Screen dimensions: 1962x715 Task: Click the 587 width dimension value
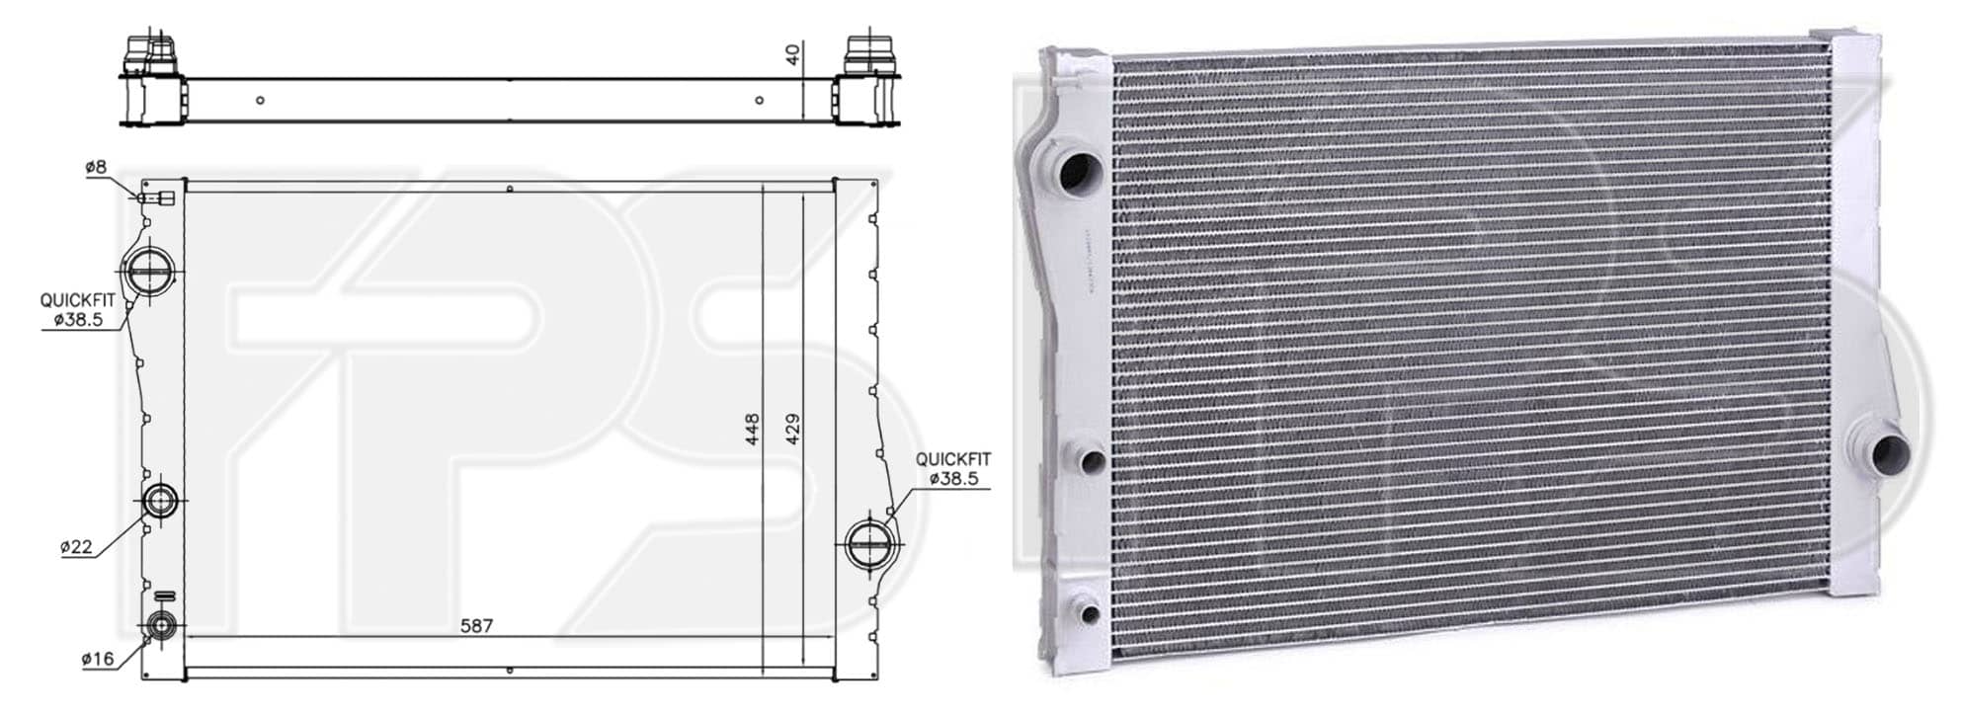tap(476, 626)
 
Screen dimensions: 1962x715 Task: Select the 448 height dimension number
tap(752, 431)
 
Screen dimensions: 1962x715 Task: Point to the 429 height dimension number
tap(791, 431)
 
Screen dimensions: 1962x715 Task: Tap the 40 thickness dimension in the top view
tap(792, 53)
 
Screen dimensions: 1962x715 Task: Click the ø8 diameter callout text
tap(96, 167)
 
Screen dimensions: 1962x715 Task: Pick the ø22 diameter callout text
tap(76, 547)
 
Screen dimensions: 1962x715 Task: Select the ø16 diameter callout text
tap(98, 659)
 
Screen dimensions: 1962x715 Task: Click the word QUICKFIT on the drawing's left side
tap(78, 299)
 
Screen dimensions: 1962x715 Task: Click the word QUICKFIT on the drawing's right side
tap(953, 459)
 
